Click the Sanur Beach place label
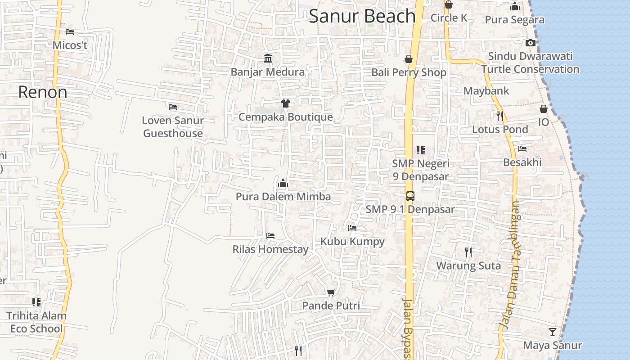click(x=362, y=17)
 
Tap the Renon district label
click(x=43, y=92)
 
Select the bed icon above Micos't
click(x=70, y=32)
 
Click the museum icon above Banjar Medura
click(x=268, y=58)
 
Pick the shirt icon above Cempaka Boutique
click(x=285, y=103)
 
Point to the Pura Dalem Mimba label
click(x=283, y=197)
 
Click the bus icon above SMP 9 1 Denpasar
click(x=410, y=196)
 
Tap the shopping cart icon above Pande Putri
click(x=331, y=293)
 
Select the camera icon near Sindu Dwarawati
click(x=531, y=43)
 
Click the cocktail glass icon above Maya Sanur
click(x=553, y=332)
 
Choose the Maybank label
click(x=486, y=91)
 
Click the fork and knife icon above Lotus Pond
click(x=499, y=116)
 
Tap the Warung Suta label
click(x=468, y=265)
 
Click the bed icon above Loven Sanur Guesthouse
click(x=173, y=107)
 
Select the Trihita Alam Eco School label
click(x=36, y=322)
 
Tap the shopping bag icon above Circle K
click(x=449, y=5)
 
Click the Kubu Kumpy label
click(x=352, y=242)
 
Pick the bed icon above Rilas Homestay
click(x=270, y=235)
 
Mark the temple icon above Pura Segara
click(x=515, y=7)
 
